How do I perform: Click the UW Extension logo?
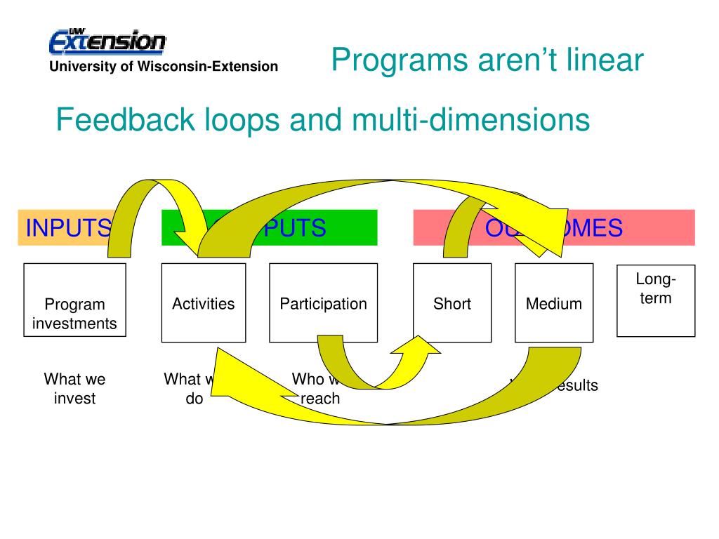(x=107, y=41)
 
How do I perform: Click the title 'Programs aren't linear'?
(x=487, y=60)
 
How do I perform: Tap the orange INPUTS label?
(x=67, y=228)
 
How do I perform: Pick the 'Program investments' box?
(x=74, y=302)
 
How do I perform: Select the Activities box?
(x=204, y=302)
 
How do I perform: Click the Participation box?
(x=323, y=302)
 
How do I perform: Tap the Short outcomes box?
(x=452, y=302)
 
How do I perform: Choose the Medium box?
(x=554, y=302)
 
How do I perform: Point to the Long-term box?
(x=656, y=300)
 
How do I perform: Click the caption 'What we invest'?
(x=74, y=389)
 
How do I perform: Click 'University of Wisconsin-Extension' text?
(x=163, y=67)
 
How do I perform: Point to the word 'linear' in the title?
(x=607, y=60)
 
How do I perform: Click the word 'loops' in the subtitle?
(x=235, y=120)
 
